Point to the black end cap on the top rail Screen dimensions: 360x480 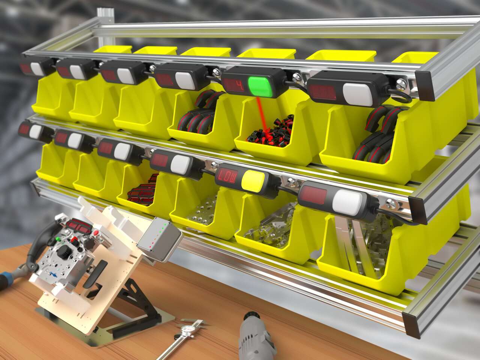tap(427, 86)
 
